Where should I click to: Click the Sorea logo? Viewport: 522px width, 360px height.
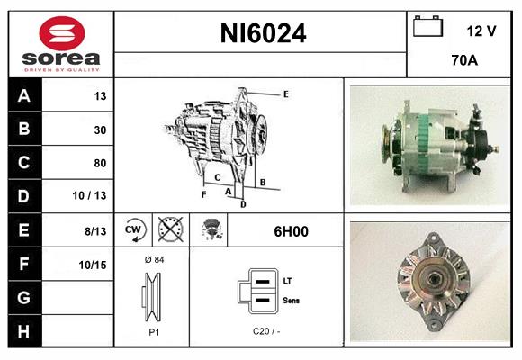point(61,45)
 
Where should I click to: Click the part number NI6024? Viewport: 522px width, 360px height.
point(263,34)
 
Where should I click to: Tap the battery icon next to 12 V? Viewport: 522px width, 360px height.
point(427,27)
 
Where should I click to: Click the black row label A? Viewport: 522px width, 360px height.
point(24,96)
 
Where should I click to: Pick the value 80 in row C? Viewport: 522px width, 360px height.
point(100,163)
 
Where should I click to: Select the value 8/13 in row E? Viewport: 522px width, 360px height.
point(94,230)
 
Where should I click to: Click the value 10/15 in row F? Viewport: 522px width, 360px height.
point(93,264)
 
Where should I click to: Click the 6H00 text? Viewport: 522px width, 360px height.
point(291,230)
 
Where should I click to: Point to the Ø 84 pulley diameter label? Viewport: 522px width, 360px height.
point(152,260)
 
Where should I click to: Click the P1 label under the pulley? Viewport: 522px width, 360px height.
point(152,331)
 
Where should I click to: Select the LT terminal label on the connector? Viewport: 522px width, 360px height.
point(287,281)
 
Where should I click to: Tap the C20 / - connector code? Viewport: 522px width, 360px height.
point(265,331)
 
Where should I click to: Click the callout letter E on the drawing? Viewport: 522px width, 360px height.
point(285,94)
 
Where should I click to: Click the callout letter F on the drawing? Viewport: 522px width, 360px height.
point(204,193)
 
